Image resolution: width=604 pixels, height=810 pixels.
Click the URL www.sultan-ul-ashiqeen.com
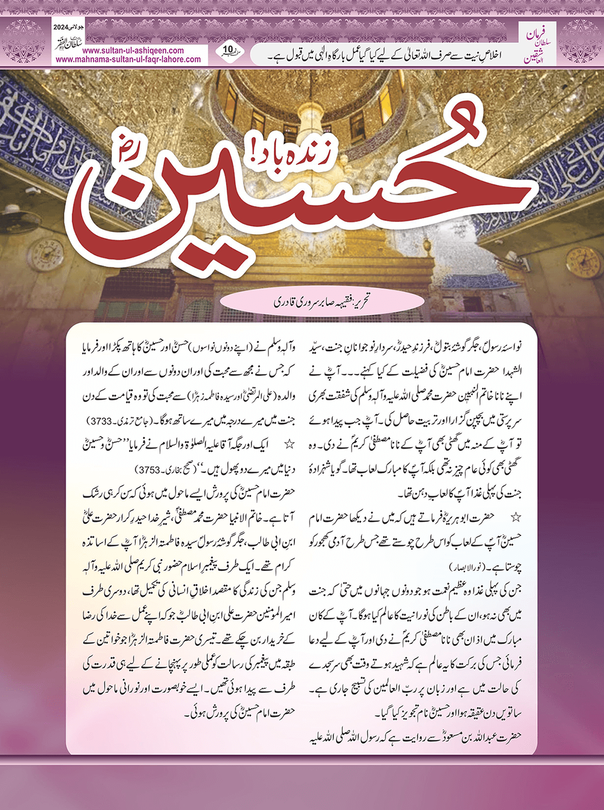tap(125, 51)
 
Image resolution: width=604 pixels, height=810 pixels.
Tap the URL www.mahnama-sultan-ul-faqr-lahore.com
tap(128, 59)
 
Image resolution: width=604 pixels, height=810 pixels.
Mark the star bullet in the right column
tap(516, 517)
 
